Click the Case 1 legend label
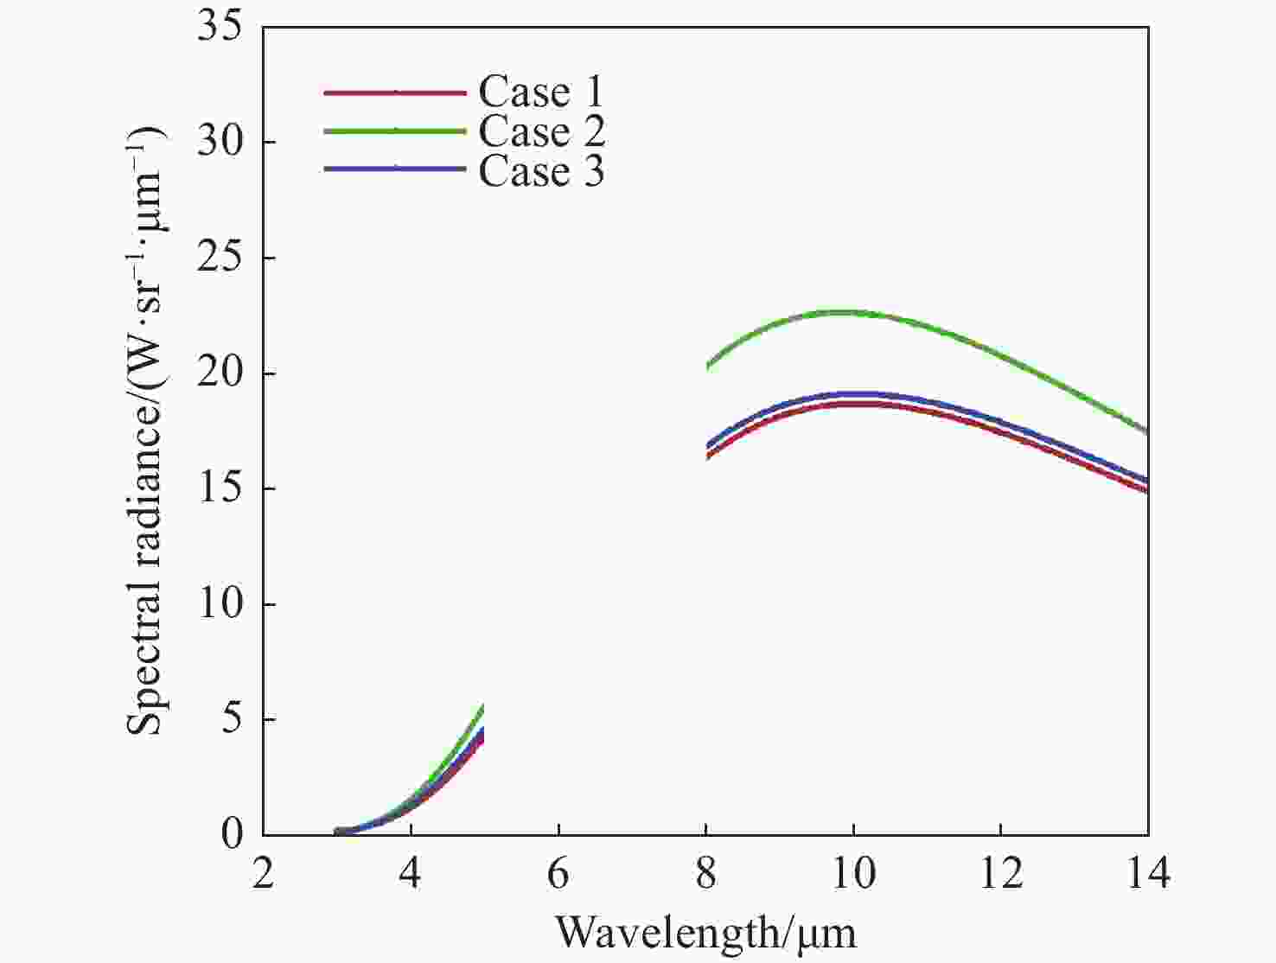coord(540,92)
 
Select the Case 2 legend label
coord(542,131)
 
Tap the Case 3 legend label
coord(541,170)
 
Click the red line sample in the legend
coord(395,92)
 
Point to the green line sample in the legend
coord(395,131)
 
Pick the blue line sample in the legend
coord(395,169)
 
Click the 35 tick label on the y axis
coord(220,27)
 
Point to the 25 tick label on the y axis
coord(220,258)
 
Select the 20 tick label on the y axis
coord(220,373)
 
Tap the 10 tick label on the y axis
coord(220,604)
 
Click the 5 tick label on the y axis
coord(232,719)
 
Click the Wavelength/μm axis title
coord(705,932)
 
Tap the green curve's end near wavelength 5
coord(482,707)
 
